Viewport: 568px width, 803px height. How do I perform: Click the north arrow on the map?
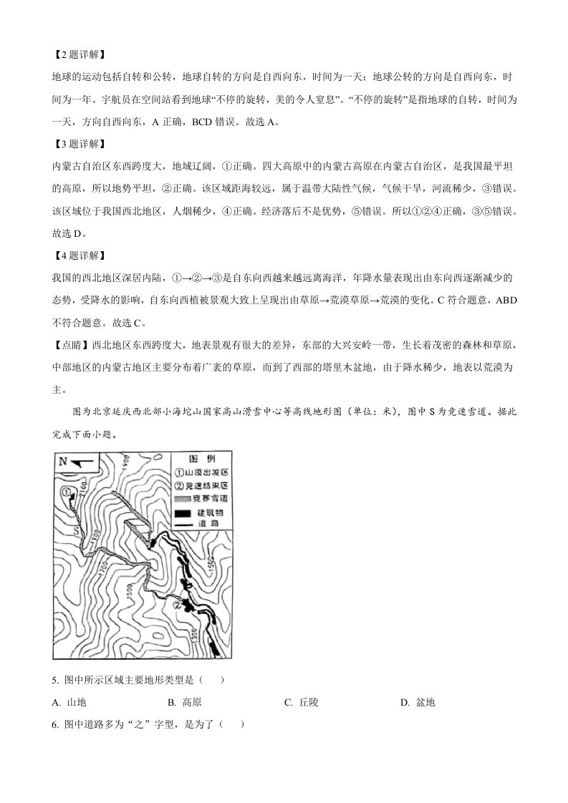click(x=81, y=462)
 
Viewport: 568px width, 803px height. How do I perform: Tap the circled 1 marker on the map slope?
click(x=67, y=492)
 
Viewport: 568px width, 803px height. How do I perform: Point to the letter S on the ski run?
click(x=75, y=530)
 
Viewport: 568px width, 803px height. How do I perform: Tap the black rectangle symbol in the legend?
click(x=183, y=513)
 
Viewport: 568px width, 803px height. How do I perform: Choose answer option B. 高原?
click(x=182, y=702)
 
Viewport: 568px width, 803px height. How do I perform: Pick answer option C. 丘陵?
click(x=300, y=702)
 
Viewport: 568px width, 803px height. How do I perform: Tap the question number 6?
click(x=55, y=724)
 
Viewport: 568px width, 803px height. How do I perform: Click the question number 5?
click(x=55, y=679)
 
